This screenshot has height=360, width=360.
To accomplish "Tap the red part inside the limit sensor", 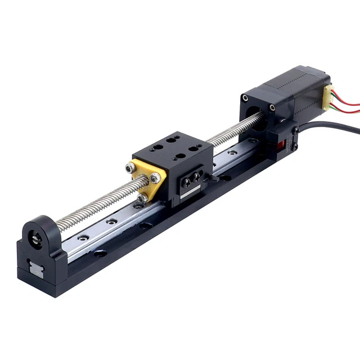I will tap(283, 147).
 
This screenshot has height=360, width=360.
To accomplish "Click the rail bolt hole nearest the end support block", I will tap(84, 237).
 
